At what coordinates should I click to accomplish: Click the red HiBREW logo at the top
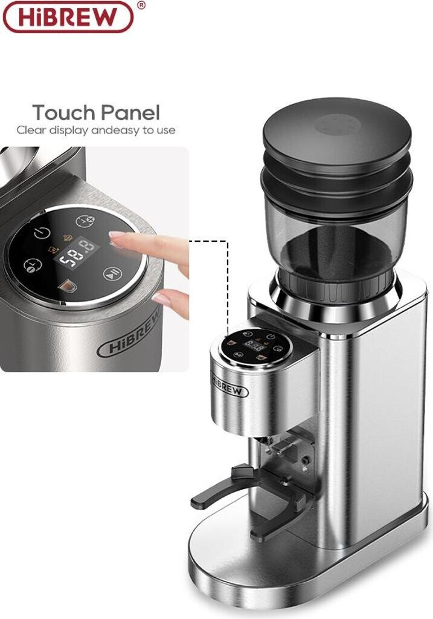(68, 16)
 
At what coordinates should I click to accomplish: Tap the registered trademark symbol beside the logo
(141, 5)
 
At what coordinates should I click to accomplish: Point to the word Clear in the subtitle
(31, 130)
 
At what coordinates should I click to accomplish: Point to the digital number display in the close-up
(77, 253)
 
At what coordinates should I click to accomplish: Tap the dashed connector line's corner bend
(229, 239)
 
